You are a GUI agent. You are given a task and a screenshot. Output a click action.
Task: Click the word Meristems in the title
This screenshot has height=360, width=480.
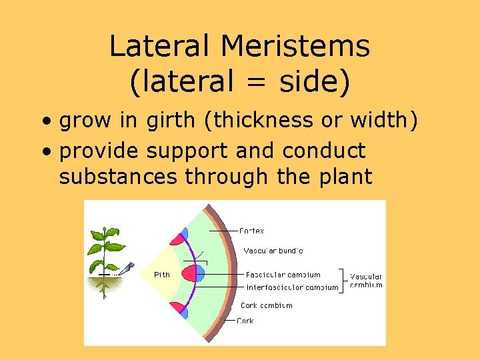coord(295,47)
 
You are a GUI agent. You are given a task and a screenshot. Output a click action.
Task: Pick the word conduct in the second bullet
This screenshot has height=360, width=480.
coord(324,151)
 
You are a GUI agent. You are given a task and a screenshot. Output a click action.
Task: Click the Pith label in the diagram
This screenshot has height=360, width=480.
coord(162,274)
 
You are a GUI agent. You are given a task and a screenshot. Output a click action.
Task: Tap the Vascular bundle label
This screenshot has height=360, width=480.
coord(273,251)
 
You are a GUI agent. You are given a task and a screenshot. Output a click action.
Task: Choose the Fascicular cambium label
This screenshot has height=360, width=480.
coord(283,274)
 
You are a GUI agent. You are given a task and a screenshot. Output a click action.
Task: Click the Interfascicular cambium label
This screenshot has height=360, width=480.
coord(292,288)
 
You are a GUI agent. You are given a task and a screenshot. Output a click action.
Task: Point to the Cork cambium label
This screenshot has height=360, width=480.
coord(266,305)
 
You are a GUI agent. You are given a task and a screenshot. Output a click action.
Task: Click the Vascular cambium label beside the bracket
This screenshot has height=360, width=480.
coord(366,280)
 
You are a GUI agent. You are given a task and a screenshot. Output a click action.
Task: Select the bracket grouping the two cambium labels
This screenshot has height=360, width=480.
coord(343,281)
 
